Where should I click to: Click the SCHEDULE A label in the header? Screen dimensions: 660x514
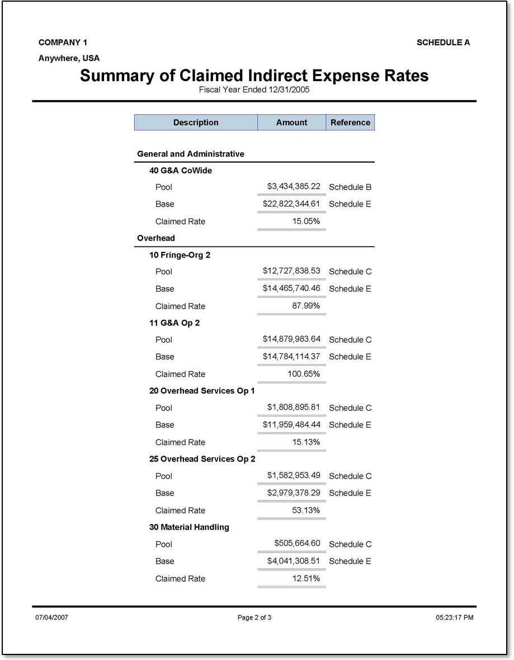coord(443,43)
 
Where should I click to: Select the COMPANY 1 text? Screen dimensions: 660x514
coord(63,43)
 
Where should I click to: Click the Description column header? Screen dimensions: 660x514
coord(196,123)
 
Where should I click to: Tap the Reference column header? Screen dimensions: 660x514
coord(350,123)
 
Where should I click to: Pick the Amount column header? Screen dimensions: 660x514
coord(291,123)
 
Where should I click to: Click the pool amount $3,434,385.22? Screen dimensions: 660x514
coord(294,186)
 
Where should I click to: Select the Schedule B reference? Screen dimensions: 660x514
coord(350,187)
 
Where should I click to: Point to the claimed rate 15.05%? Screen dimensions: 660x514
coord(306,221)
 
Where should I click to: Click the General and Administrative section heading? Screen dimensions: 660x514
coord(191,154)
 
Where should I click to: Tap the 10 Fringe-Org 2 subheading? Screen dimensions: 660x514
coord(180,255)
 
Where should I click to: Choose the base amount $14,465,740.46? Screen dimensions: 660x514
coord(291,288)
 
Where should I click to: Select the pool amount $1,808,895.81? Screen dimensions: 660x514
coord(294,408)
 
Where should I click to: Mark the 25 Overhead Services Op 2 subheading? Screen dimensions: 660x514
coord(202,459)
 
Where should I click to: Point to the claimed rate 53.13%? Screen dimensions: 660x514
coord(306,510)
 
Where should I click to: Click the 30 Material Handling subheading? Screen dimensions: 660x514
coord(189,527)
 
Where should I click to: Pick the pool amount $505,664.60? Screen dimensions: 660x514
coord(297,544)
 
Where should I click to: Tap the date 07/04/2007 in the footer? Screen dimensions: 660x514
coord(52,617)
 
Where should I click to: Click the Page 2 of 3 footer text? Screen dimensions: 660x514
coord(254,617)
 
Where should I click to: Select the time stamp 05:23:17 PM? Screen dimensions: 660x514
coord(454,617)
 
